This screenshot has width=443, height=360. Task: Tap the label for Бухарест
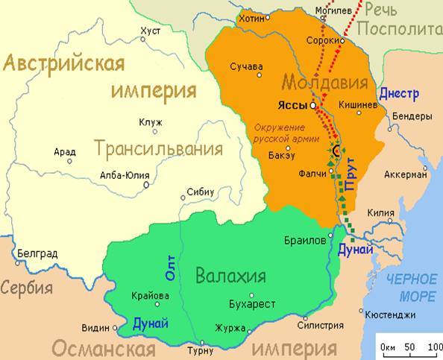coord(251,304)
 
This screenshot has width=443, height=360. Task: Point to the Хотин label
coord(251,17)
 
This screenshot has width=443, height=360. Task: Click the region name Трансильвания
coord(159,148)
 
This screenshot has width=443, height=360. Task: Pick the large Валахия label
coord(230,277)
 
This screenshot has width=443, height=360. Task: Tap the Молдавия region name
coord(324,81)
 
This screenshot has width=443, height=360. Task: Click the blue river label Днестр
coord(399,94)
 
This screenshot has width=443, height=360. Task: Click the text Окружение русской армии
coord(286,133)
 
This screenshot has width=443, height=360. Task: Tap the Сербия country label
coord(27,288)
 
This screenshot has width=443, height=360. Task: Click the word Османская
coord(103,348)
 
